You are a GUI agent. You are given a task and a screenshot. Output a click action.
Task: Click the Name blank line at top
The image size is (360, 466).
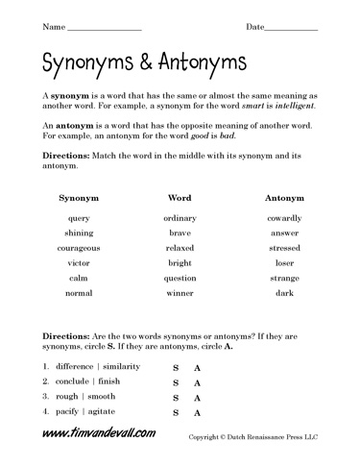pyautogui.click(x=106, y=29)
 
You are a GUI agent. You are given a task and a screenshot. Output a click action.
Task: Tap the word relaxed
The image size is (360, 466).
pyautogui.click(x=180, y=248)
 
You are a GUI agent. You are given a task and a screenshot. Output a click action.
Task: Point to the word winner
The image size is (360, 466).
pyautogui.click(x=180, y=292)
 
